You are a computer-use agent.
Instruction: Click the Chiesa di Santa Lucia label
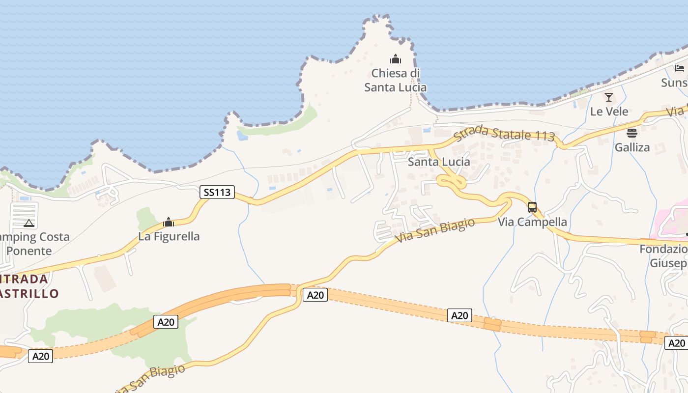(x=395, y=81)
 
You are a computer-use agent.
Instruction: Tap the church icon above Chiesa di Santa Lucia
(x=395, y=59)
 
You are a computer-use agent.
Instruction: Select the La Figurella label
(x=169, y=236)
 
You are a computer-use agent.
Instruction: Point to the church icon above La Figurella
(x=169, y=222)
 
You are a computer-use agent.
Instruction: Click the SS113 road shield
(x=217, y=192)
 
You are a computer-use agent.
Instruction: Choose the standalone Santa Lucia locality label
(x=439, y=162)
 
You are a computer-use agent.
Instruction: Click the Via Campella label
(x=532, y=222)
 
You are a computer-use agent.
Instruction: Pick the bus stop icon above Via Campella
(x=532, y=207)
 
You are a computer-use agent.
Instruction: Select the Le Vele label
(x=609, y=112)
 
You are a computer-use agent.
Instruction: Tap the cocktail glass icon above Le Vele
(x=609, y=97)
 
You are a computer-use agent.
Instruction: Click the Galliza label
(x=632, y=147)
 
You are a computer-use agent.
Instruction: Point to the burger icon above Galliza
(x=632, y=133)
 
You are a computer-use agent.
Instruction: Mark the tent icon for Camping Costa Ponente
(x=29, y=224)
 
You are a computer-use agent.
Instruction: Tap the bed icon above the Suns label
(x=680, y=68)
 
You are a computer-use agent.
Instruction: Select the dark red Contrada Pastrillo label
(x=27, y=286)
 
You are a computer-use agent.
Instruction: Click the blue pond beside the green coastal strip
(x=242, y=135)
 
